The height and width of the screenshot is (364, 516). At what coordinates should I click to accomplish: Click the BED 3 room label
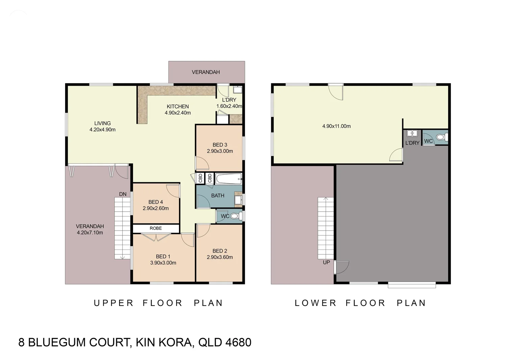point(220,145)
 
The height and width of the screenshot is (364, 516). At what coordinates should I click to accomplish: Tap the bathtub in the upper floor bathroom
point(229,179)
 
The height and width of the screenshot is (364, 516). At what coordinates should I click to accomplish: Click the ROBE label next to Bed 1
point(156,228)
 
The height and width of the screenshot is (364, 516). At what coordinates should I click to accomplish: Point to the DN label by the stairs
point(123,194)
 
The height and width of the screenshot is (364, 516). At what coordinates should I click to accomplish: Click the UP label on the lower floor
point(326,262)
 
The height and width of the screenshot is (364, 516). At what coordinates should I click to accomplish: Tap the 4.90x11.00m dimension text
point(336,126)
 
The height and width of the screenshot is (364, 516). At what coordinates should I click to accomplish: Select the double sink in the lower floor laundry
point(412,133)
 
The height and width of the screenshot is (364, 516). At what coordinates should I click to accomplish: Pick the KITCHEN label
point(178,107)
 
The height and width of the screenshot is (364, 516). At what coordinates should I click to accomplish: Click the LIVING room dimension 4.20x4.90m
point(102,130)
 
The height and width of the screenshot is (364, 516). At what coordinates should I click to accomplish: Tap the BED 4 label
point(155,202)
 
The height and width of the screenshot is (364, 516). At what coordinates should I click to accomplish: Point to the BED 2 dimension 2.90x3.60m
point(220,257)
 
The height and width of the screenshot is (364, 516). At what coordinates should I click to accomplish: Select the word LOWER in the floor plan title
point(315,303)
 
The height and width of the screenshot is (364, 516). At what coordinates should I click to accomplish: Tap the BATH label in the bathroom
point(217,195)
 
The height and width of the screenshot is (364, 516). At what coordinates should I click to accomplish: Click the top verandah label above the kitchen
point(206,72)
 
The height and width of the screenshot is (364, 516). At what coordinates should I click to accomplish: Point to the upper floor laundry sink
point(238,90)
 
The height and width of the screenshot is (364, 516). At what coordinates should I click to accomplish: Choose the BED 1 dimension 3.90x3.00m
point(163,263)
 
